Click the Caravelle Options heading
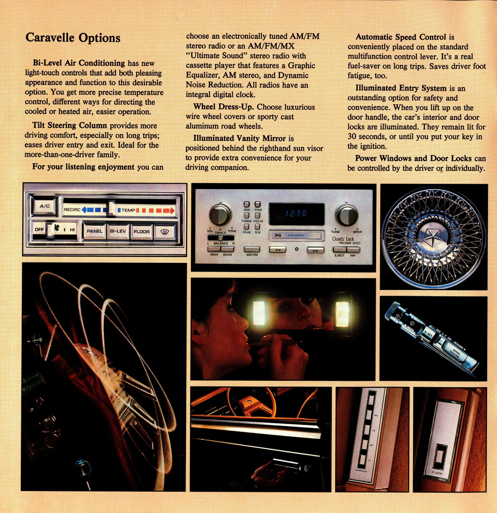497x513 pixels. (x=73, y=37)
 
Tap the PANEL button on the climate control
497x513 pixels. (x=94, y=231)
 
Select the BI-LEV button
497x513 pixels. (x=118, y=231)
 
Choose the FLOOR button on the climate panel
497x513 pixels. (x=141, y=231)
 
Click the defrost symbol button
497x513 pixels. (x=165, y=232)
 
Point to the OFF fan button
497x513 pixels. (x=39, y=230)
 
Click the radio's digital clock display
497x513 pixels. (x=296, y=214)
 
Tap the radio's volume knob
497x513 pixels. (x=220, y=214)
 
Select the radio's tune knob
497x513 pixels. (x=347, y=214)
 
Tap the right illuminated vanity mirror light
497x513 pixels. (x=342, y=314)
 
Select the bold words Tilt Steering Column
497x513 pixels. (x=69, y=125)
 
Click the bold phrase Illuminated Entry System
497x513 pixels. (x=400, y=88)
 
